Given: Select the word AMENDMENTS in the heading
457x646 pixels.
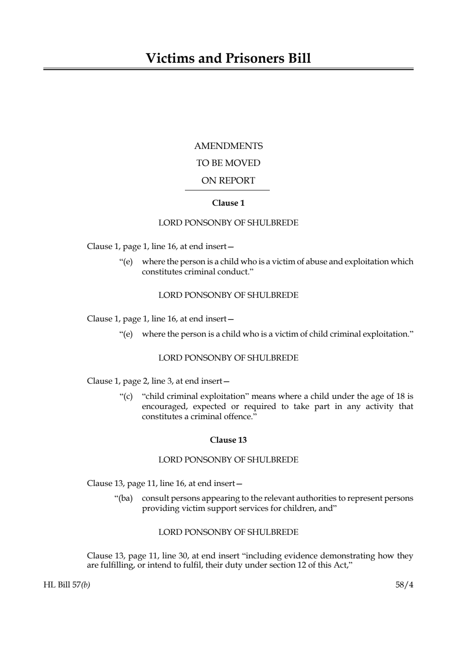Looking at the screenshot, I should pos(228,146).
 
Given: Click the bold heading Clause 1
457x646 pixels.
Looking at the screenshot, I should pos(228,203).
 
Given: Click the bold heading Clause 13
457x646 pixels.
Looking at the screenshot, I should pos(228,440).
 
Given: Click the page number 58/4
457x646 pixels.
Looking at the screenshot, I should pos(404,586).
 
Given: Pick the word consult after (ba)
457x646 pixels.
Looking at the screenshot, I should pos(155,498).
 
